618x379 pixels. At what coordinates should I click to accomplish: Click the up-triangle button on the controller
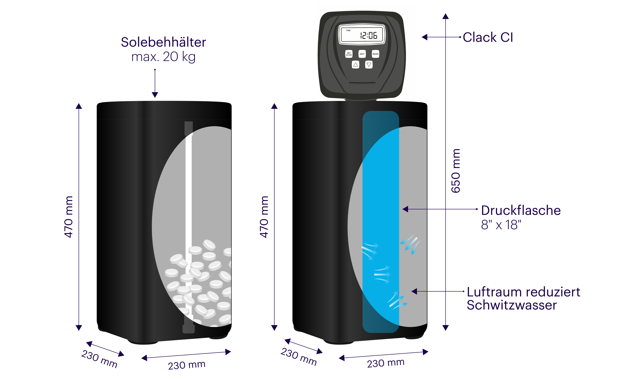pos(355,65)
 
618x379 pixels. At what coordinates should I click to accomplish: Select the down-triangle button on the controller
pos(369,65)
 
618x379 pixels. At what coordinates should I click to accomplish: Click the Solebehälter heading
pos(163,42)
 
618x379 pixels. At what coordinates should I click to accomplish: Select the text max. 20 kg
pos(163,57)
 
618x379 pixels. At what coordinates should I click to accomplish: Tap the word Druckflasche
pos(521,210)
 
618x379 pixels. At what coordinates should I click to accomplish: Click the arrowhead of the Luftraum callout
pos(414,291)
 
